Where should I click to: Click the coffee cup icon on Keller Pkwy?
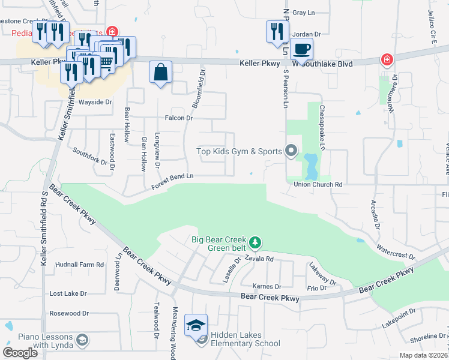click(301, 49)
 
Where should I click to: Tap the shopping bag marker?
click(160, 73)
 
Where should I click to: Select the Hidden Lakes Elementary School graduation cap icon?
click(196, 326)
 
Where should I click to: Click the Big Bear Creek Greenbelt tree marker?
click(256, 242)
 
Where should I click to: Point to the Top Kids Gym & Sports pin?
click(291, 151)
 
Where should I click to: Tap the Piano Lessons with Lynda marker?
click(82, 340)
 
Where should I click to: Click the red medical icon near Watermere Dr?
click(387, 60)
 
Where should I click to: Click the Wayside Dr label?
click(96, 102)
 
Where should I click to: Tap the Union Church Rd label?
click(318, 185)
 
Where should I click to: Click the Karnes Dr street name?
click(267, 286)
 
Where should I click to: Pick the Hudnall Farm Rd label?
click(79, 264)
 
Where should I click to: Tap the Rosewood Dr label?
click(68, 313)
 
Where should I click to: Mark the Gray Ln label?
click(303, 13)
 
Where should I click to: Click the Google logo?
click(20, 353)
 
